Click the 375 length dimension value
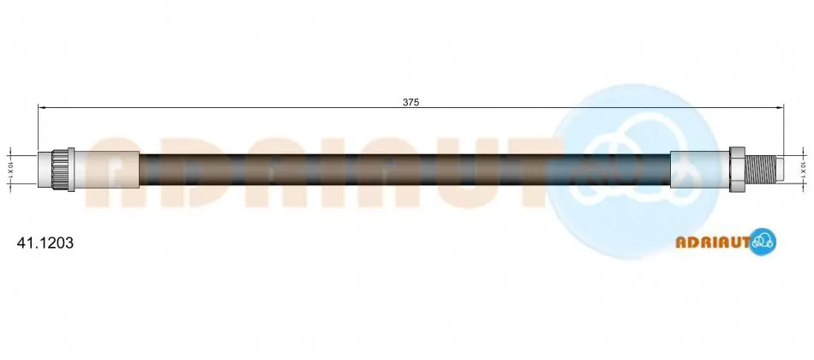(x=410, y=102)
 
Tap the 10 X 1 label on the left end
(x=10, y=169)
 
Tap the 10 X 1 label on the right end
(x=803, y=169)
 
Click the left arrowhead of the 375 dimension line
(x=42, y=107)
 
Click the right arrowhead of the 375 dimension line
(x=779, y=107)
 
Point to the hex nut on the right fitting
(x=738, y=170)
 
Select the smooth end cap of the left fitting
(x=45, y=169)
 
